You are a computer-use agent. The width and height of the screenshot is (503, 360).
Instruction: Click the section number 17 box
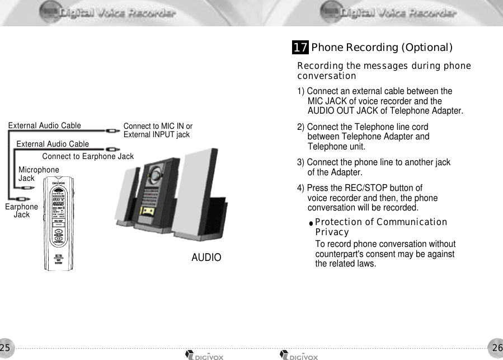pos(300,48)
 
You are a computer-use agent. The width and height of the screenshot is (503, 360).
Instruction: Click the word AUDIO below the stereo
pos(206,258)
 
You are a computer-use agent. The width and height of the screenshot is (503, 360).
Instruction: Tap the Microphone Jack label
pos(38,174)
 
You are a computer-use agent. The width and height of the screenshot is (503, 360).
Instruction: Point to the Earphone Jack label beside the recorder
pos(21,211)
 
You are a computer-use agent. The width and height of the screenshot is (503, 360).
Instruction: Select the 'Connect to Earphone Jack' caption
pos(88,156)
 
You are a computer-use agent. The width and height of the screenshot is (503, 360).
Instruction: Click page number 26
pos(497,348)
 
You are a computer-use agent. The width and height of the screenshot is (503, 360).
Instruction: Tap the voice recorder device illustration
pos(59,224)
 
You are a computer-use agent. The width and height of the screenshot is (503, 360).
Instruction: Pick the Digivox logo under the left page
pos(204,356)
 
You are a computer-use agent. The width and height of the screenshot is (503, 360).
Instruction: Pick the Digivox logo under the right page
pos(299,356)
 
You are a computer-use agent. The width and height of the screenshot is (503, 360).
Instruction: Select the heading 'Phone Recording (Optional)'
pos(382,48)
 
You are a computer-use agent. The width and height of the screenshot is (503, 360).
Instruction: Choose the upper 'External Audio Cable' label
pos(45,125)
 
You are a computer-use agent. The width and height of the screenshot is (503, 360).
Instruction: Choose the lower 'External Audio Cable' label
pos(53,144)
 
